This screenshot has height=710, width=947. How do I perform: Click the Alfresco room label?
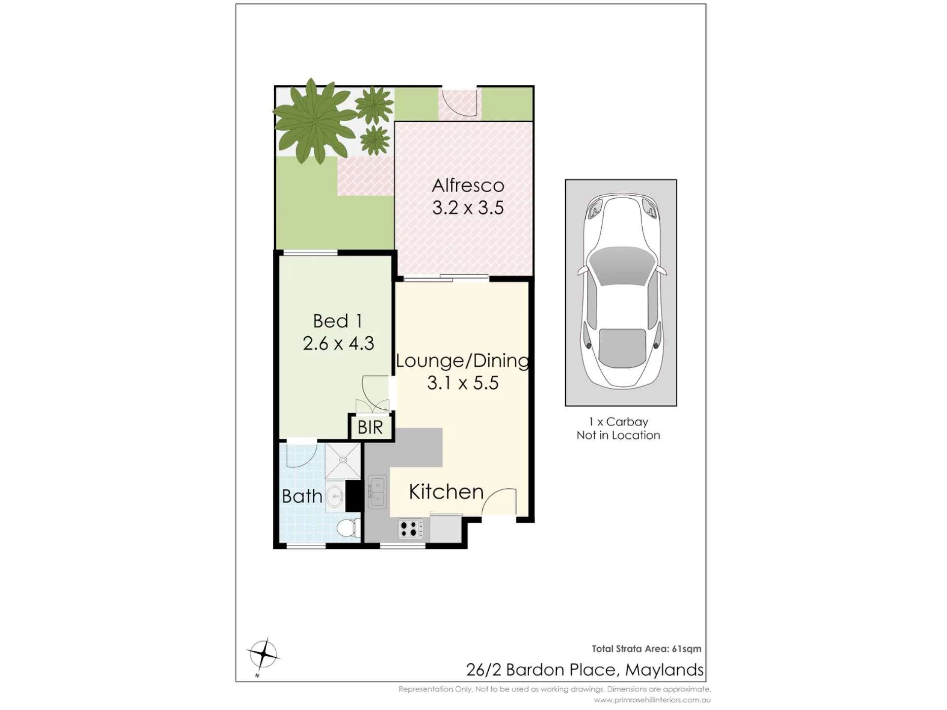point(468,185)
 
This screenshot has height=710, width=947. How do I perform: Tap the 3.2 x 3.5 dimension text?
point(468,208)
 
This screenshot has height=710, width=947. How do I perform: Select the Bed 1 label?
point(338,321)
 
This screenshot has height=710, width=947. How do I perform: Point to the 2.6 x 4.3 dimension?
point(338,343)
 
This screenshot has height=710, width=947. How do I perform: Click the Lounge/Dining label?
point(463,361)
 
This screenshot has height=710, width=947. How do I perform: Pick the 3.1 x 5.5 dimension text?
point(463,383)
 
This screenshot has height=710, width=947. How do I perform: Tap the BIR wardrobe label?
point(370,427)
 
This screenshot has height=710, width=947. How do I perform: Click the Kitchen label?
point(446,492)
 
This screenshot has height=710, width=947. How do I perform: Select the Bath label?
point(302,496)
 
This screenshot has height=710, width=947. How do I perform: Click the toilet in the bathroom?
point(348,528)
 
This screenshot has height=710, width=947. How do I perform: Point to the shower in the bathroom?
point(343,461)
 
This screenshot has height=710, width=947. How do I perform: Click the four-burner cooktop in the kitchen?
point(410,529)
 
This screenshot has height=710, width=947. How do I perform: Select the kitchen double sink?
point(377,492)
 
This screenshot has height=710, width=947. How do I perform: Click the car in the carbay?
point(621,292)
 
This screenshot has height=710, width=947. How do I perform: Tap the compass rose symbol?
point(264,654)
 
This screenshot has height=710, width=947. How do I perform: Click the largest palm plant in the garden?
point(315,121)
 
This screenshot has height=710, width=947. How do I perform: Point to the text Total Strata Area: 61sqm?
point(647,649)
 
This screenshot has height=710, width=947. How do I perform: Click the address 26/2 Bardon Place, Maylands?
point(585,670)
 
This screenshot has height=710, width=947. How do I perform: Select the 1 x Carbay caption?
point(619,422)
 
